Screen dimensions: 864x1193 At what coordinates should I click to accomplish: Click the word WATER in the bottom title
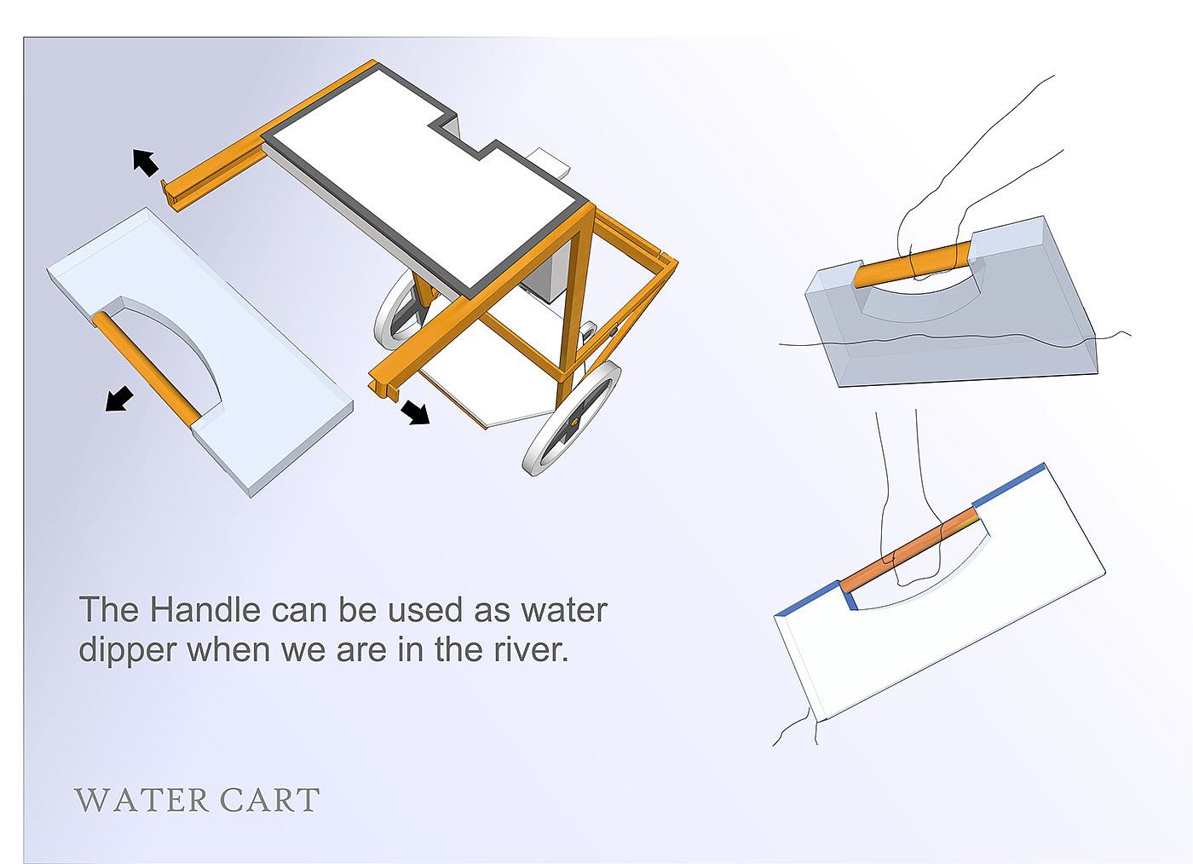141,800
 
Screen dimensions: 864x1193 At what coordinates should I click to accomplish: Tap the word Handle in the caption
205,610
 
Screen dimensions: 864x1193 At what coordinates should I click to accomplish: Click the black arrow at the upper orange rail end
146,161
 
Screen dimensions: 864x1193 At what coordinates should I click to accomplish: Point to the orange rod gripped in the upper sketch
912,264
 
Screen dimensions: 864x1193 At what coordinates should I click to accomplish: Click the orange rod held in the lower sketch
908,550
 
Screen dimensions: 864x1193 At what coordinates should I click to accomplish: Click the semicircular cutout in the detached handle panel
175,345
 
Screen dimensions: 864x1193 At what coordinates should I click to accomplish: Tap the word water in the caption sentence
564,610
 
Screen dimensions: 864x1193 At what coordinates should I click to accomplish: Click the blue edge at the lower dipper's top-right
1010,486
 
